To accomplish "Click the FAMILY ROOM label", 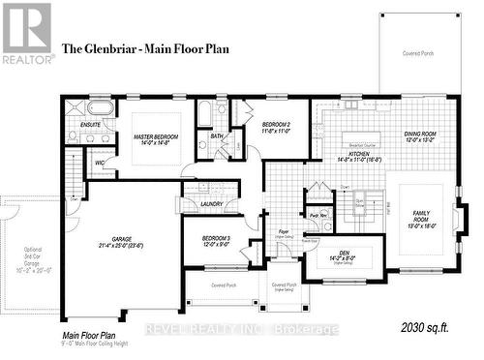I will coord(421,215).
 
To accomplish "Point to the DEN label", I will coord(343,254).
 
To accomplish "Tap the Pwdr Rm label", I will coord(317,216).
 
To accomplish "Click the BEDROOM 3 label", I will coord(216,238).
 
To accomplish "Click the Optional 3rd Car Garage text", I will coord(27,255).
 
